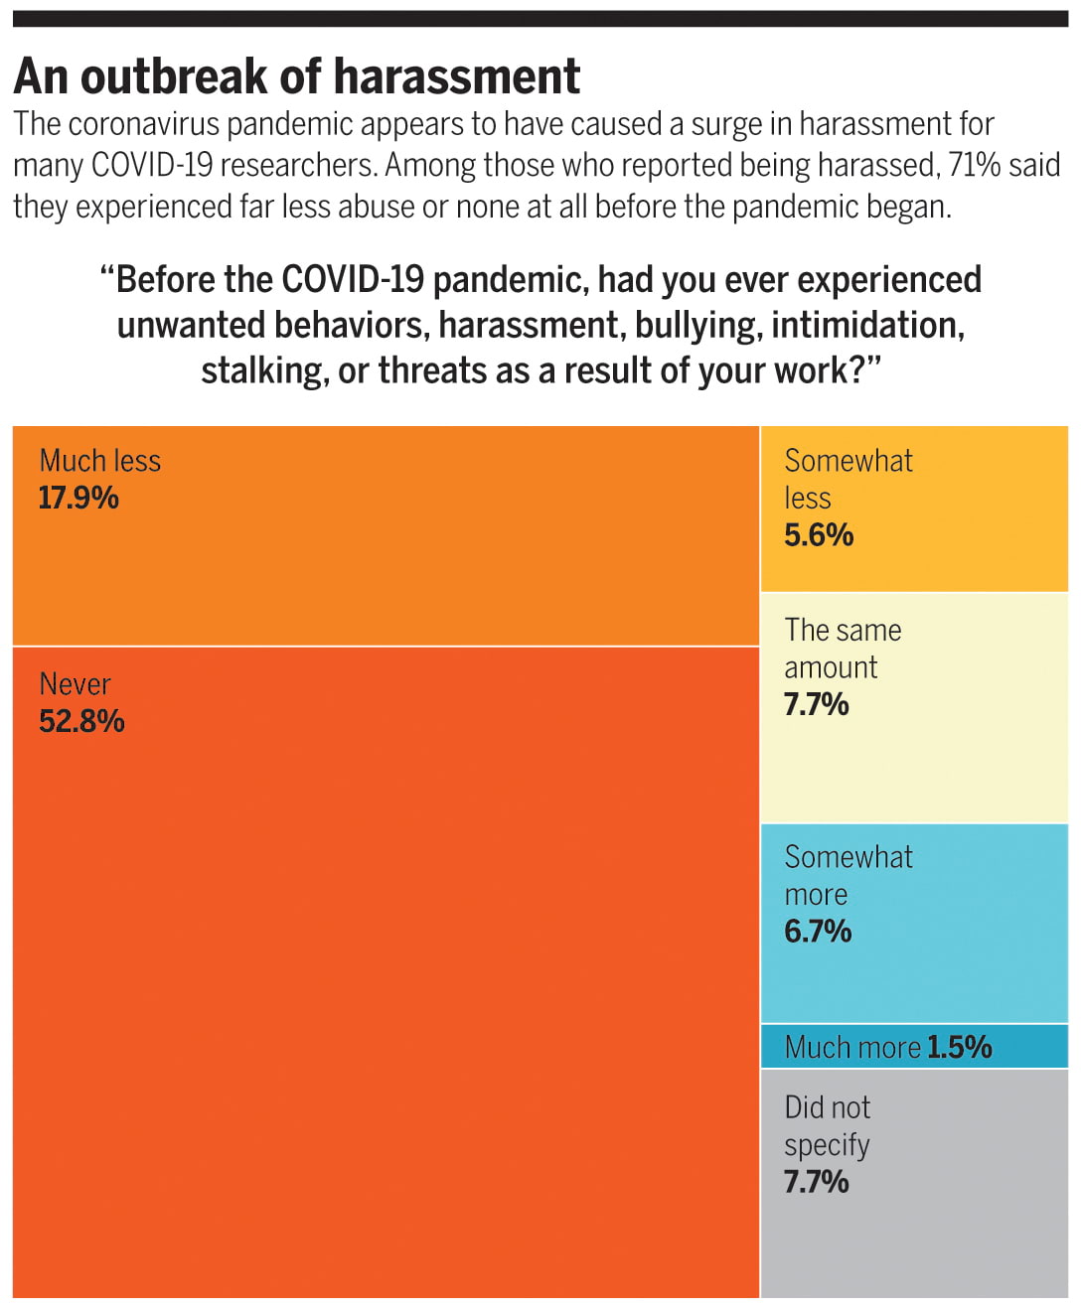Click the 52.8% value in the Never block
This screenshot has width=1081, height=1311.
click(81, 721)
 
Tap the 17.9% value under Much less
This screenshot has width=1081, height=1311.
click(78, 498)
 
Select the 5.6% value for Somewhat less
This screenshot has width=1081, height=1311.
click(819, 535)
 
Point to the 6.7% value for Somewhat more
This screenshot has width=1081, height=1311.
click(818, 932)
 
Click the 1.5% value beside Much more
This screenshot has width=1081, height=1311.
click(960, 1047)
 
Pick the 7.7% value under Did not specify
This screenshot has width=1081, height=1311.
click(816, 1182)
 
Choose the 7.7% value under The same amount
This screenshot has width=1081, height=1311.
click(816, 704)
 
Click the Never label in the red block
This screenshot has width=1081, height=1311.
click(75, 684)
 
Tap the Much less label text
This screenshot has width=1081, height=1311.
click(99, 461)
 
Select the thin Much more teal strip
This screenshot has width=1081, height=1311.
click(1023, 1047)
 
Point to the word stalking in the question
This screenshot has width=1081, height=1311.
click(264, 370)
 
